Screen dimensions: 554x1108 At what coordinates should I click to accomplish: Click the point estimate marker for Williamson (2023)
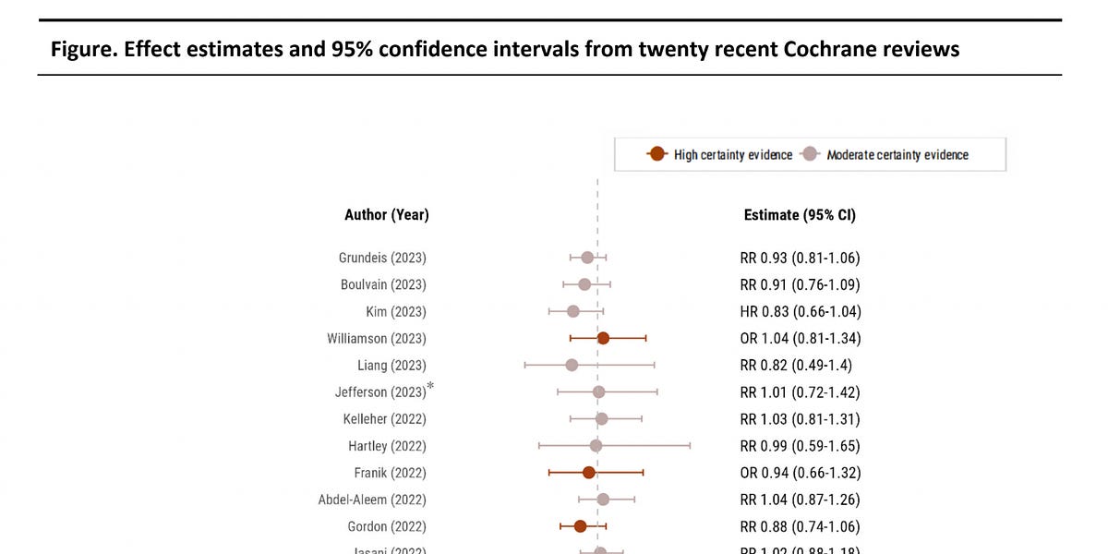[x=603, y=338]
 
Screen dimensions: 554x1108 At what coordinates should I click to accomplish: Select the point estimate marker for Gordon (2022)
[x=580, y=526]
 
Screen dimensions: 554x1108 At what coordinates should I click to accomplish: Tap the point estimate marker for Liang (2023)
[x=572, y=365]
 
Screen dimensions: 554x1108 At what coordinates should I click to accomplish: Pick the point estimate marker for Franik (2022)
[x=589, y=473]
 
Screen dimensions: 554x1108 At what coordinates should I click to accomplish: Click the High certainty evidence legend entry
[x=720, y=154]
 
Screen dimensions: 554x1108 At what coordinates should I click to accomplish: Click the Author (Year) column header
[x=387, y=215]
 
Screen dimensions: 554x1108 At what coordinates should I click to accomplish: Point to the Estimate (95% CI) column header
[x=800, y=215]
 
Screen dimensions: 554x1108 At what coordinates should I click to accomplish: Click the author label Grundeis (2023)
[x=382, y=258]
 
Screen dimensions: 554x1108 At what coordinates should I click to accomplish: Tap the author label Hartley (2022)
[x=387, y=446]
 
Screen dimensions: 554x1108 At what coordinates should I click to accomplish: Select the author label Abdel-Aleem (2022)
[x=372, y=500]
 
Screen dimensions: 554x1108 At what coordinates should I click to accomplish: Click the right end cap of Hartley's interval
[x=690, y=446]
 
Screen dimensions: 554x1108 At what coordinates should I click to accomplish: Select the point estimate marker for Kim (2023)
[x=573, y=311]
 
